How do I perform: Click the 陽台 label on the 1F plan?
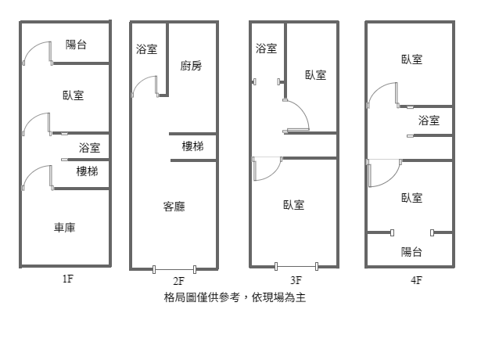[x=76, y=45]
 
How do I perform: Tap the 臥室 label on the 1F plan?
[x=74, y=95]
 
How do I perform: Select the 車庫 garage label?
[x=65, y=228]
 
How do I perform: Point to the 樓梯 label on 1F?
[x=87, y=171]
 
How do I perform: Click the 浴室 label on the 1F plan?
[x=89, y=148]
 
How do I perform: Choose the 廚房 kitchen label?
[x=191, y=66]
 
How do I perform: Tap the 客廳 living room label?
[x=174, y=207]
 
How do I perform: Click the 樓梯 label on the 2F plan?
[x=192, y=146]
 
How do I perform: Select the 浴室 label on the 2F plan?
[x=146, y=49]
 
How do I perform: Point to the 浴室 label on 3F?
[x=266, y=49]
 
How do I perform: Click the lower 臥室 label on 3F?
[x=294, y=205]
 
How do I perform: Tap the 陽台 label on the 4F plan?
[x=411, y=252]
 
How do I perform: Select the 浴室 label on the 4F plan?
[x=429, y=121]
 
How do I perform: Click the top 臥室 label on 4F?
[x=412, y=59]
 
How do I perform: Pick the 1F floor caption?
[x=67, y=277]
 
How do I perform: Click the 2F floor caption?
[x=178, y=281]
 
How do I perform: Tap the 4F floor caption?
[x=415, y=279]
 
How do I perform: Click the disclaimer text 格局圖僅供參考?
[x=203, y=298]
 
